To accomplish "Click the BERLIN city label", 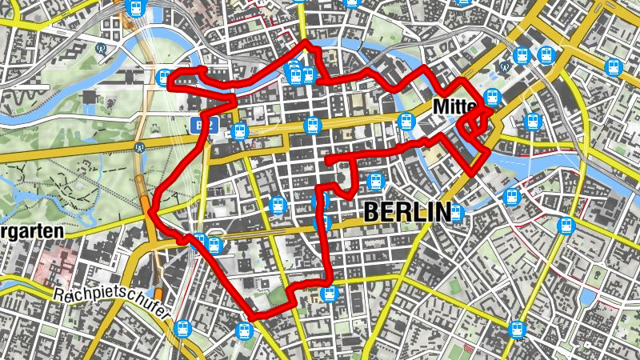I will pyautogui.click(x=407, y=212).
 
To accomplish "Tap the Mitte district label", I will pyautogui.click(x=454, y=106).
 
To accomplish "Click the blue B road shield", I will pyautogui.click(x=197, y=125).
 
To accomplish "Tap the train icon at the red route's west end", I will pyautogui.click(x=164, y=78).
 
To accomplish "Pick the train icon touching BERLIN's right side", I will pyautogui.click(x=455, y=213).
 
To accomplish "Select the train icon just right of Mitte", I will pyautogui.click(x=491, y=98).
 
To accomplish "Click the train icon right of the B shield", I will pyautogui.click(x=238, y=130).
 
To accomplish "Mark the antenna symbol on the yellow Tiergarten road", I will pyautogui.click(x=140, y=147).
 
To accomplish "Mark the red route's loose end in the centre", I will pyautogui.click(x=328, y=161).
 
